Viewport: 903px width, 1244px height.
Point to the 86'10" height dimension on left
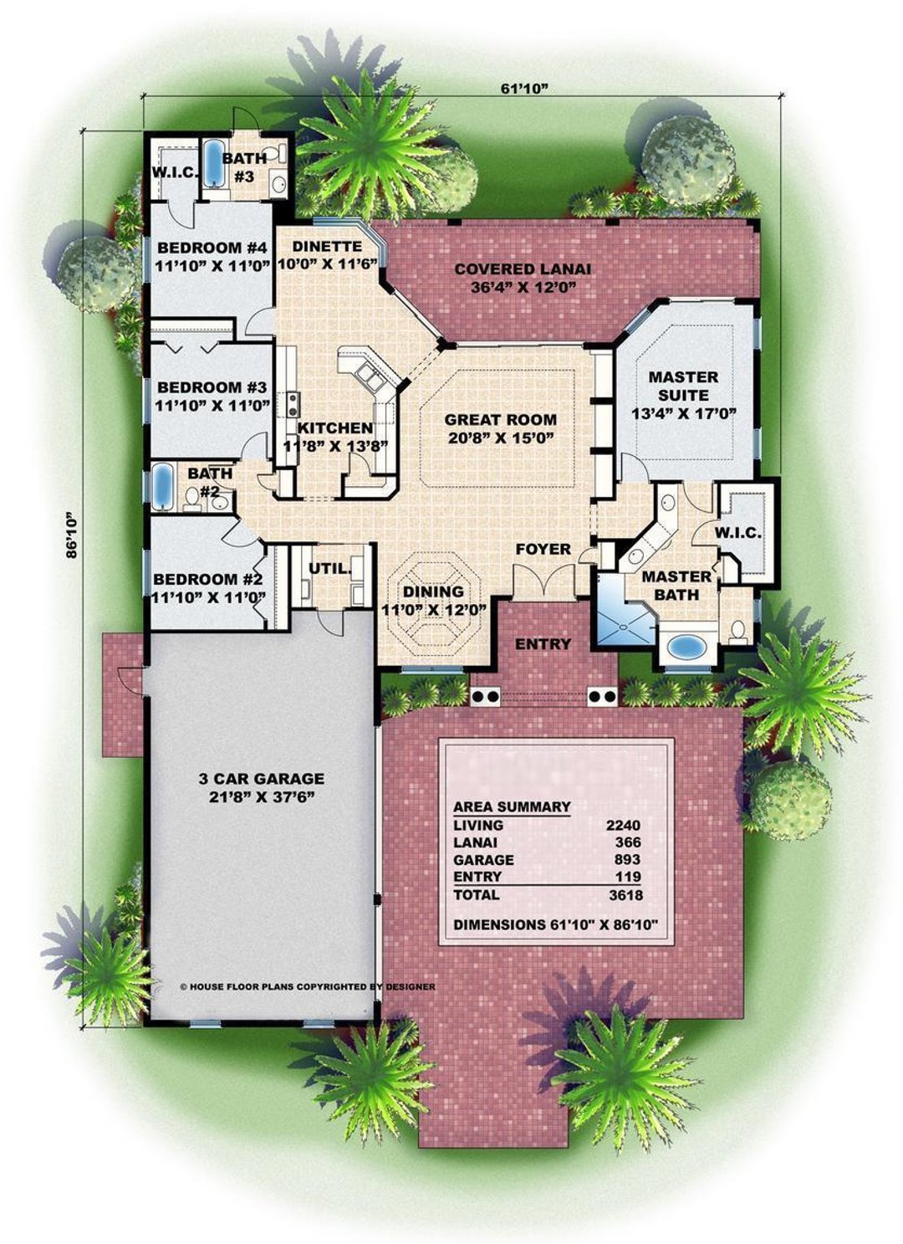pos(73,535)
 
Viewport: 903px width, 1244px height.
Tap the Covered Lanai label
pos(523,278)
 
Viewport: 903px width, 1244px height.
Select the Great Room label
pos(500,428)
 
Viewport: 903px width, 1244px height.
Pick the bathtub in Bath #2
pos(161,488)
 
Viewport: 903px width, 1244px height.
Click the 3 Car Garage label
pos(261,786)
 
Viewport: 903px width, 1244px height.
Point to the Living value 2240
pos(623,825)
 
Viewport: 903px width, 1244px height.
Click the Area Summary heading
pos(512,807)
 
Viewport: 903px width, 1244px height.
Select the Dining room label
pos(433,601)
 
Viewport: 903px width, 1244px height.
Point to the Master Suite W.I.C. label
pos(738,533)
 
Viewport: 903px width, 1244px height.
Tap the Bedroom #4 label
pos(212,256)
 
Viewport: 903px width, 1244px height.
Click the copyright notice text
pos(308,986)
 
